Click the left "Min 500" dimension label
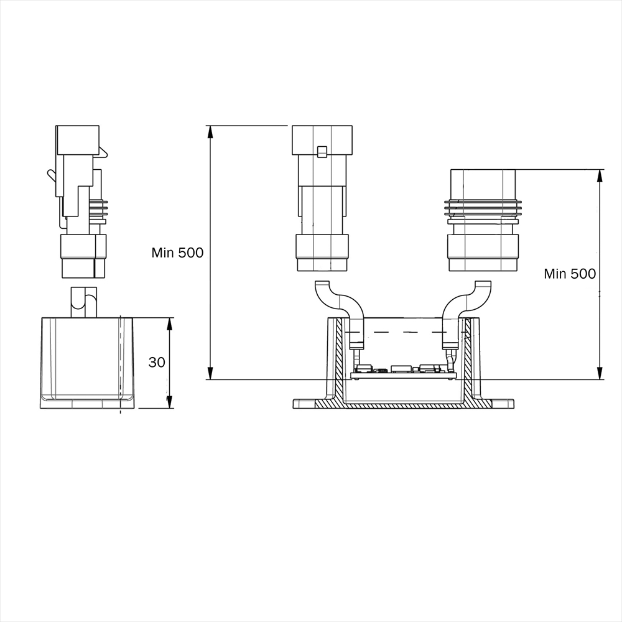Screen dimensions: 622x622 tap(177, 253)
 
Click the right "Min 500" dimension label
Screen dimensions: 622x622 tap(570, 274)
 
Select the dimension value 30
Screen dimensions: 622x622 tap(157, 362)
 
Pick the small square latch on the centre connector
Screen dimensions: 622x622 tap(322, 152)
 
